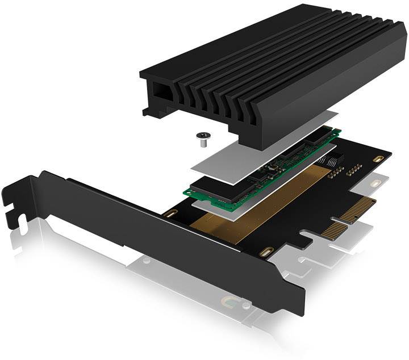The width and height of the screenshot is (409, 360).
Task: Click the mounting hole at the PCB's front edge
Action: [265, 251]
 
